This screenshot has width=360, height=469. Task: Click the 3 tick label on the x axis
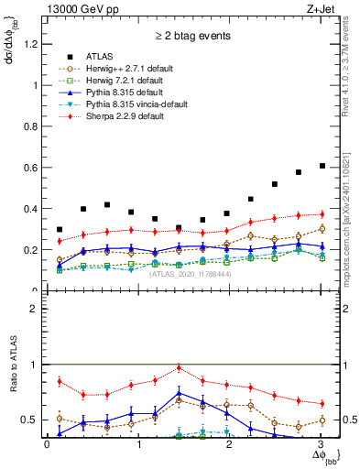321,445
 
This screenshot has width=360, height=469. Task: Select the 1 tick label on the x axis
138,445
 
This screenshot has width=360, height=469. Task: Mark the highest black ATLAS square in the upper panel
322,166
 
